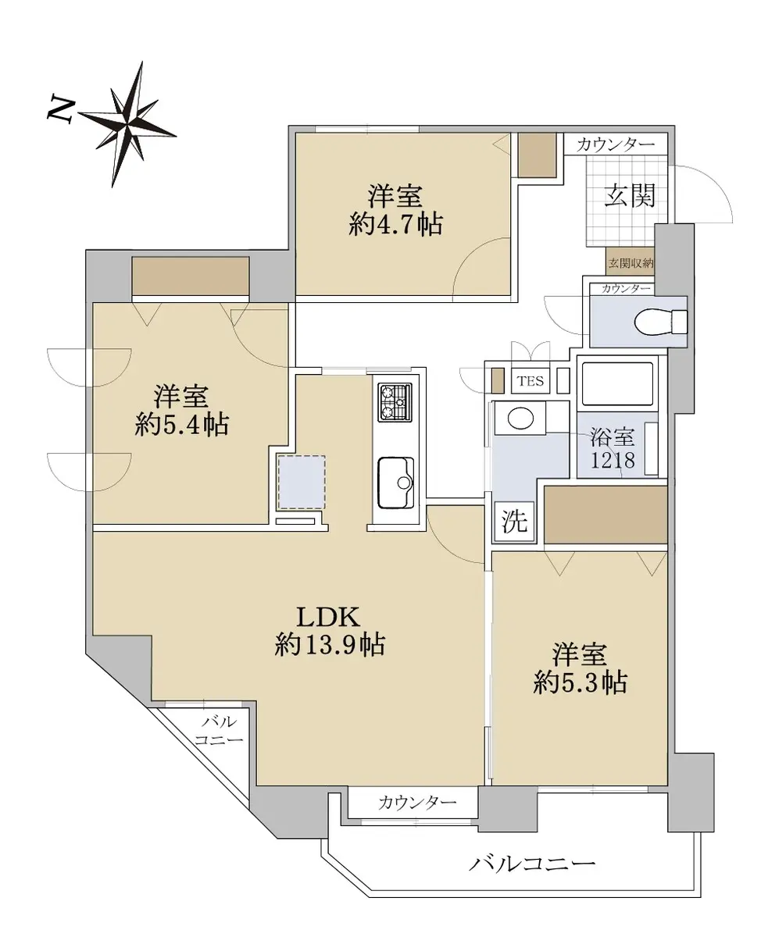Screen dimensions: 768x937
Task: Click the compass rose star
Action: click(128, 124)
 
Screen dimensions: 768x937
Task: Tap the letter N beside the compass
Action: click(60, 109)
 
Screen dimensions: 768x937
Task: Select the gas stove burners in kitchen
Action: click(395, 402)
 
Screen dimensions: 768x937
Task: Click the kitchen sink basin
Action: click(395, 482)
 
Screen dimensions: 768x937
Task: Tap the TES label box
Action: click(530, 381)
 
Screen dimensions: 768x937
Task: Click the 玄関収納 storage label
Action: click(630, 263)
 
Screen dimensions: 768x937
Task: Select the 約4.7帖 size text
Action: click(395, 225)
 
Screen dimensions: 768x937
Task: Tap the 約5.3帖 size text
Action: click(580, 682)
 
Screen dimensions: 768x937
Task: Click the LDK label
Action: click(329, 617)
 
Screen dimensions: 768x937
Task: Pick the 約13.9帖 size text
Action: click(330, 645)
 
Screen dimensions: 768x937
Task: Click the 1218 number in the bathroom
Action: click(613, 460)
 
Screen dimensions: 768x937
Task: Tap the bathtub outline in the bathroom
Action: click(617, 384)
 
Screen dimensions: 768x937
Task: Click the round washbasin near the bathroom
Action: click(520, 418)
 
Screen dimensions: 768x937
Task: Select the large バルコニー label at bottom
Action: click(532, 864)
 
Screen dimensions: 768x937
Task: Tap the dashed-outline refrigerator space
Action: click(302, 482)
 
